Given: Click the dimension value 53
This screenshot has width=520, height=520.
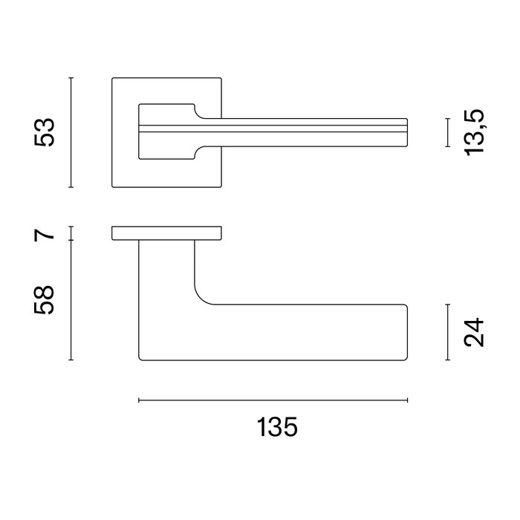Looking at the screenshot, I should click(46, 132).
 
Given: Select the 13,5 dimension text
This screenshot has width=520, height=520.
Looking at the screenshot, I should click(474, 132).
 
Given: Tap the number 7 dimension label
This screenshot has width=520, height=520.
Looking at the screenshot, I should click(46, 234).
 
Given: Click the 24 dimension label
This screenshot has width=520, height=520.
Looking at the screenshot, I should click(474, 333).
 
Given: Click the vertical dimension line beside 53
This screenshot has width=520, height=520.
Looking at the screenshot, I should click(71, 132).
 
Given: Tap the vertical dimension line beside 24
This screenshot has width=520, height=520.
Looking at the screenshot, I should click(447, 332).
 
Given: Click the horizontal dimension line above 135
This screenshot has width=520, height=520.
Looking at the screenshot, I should click(273, 401).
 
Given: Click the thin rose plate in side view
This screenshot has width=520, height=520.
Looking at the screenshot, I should click(166, 233).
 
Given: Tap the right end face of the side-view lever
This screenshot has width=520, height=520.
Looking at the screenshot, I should click(408, 332).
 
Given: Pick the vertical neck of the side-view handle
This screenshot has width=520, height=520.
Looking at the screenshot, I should click(166, 271).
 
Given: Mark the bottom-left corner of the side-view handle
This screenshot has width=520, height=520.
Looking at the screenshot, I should click(141, 358).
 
